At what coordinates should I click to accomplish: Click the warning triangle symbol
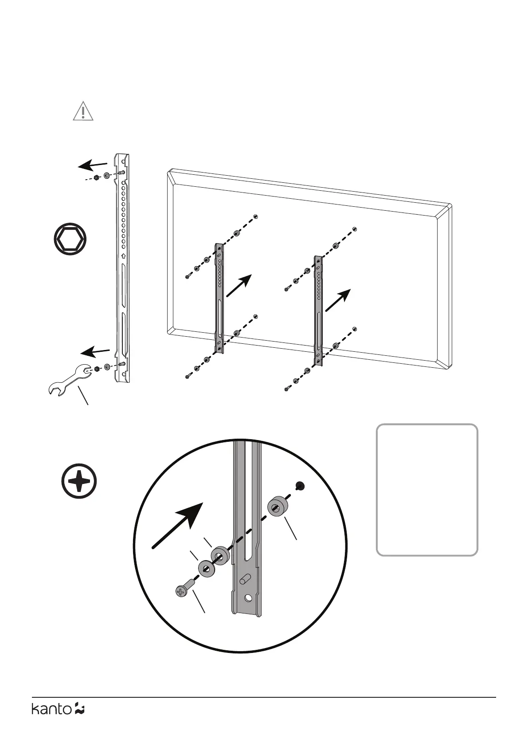tap(83, 111)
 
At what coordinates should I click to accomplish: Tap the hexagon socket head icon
tap(70, 240)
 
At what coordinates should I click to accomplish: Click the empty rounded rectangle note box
tap(426, 490)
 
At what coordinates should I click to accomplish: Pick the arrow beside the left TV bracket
tap(239, 286)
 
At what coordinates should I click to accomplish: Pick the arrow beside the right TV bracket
tap(338, 300)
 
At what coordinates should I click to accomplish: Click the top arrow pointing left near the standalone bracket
tap(93, 165)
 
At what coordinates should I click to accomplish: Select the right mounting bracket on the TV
tap(318, 311)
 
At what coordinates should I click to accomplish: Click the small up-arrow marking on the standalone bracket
tap(123, 256)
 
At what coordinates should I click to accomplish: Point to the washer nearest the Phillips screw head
tap(206, 568)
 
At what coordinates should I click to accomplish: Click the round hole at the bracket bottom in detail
tap(248, 598)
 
